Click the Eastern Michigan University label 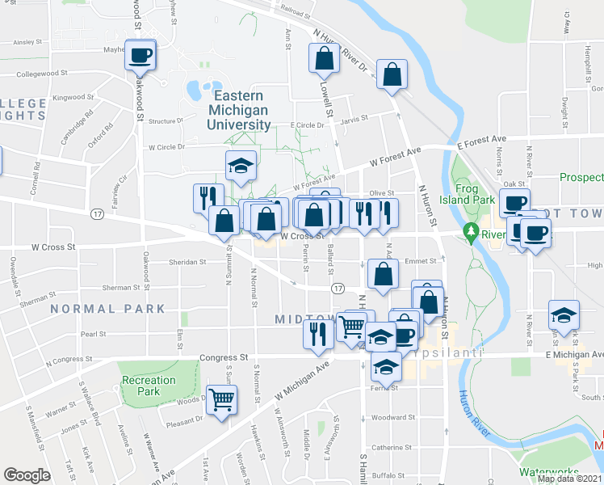click(239, 109)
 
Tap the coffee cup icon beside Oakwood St click(140, 55)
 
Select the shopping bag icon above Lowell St click(323, 58)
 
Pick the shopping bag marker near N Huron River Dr click(392, 74)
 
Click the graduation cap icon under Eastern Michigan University click(241, 167)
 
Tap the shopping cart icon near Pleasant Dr click(221, 398)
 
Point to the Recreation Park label click(149, 386)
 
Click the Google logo click(27, 474)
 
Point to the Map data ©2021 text click(570, 479)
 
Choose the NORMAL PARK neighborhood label click(107, 309)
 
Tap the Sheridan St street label click(187, 262)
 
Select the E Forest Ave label click(480, 141)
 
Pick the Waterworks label click(549, 472)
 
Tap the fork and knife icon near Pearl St click(318, 333)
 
